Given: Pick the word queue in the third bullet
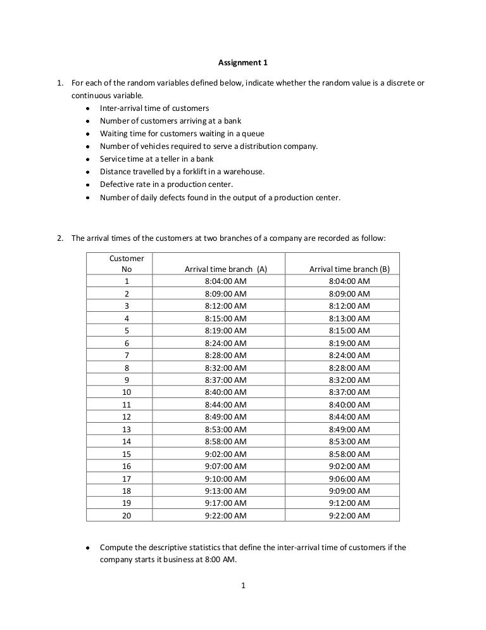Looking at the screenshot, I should (252, 133).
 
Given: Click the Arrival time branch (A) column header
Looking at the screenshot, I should (225, 269).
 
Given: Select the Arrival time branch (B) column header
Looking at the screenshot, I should (349, 269).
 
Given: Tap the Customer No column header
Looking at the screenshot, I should (127, 264).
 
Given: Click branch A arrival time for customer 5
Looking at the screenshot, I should (225, 330).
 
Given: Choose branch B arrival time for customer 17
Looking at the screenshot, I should (349, 479).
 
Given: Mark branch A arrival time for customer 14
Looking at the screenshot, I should (225, 441).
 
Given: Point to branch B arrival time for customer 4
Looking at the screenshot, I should (349, 318).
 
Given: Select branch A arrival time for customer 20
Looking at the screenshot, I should (225, 515).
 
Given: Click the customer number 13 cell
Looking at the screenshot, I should (127, 429).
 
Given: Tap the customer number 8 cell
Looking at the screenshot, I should (127, 367).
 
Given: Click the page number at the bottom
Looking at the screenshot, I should (243, 585).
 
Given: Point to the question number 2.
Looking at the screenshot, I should (60, 238).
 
